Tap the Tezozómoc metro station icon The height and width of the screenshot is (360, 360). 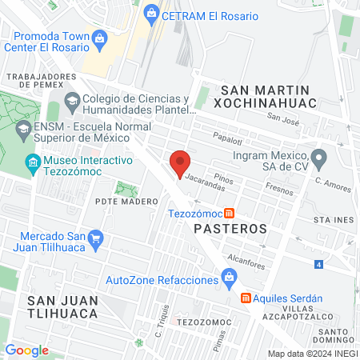coord(230,213)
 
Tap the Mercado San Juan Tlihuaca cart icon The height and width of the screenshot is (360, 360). coord(97,237)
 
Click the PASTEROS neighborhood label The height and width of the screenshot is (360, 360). coord(230,228)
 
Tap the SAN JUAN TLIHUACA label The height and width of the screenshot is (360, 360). coord(62,306)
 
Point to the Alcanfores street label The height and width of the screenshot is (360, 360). coord(246,258)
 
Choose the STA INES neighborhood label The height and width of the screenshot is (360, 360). coord(333,218)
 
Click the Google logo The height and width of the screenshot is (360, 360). coord(26,350)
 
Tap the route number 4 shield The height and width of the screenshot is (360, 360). coord(319,264)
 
